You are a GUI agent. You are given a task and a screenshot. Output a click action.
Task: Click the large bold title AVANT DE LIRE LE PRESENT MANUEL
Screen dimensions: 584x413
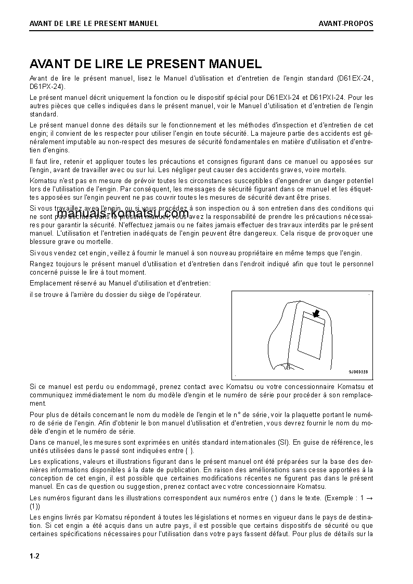coord(146,64)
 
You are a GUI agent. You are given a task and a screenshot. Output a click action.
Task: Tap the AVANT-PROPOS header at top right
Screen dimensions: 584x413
coord(346,23)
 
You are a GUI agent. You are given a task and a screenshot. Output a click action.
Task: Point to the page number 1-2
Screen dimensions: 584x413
coord(35,556)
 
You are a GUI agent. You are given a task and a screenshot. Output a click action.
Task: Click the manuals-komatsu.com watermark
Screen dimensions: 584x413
coord(123,214)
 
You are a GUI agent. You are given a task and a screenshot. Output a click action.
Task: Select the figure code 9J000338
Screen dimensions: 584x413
coord(358,372)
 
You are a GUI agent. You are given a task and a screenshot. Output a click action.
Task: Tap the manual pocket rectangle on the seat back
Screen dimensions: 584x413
coord(311,338)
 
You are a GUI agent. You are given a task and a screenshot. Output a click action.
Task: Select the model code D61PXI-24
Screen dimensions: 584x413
coord(327,97)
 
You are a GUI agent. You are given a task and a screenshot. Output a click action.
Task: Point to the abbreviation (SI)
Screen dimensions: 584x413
coord(283,443)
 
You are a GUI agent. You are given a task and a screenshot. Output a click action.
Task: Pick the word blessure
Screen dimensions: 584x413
coord(43,241)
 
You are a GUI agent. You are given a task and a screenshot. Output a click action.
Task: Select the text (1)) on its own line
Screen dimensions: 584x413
coord(35,506)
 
